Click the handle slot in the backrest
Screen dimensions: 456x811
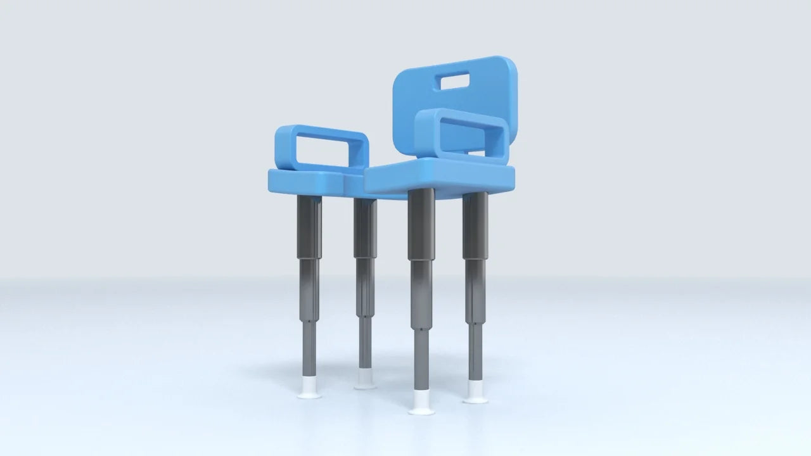[x=452, y=81]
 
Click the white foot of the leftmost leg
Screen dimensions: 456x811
[x=309, y=388]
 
